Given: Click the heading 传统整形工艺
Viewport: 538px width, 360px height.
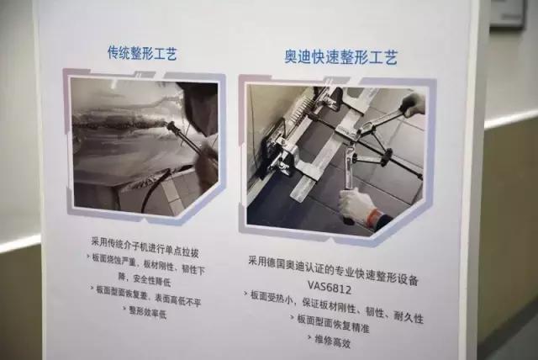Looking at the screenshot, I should (x=142, y=55).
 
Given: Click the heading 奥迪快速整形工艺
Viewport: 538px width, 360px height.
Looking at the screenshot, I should (x=340, y=58).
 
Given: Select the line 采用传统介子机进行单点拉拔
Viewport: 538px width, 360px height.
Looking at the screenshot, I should (x=143, y=243).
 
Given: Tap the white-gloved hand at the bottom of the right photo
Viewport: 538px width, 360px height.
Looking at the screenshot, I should (x=356, y=204).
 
